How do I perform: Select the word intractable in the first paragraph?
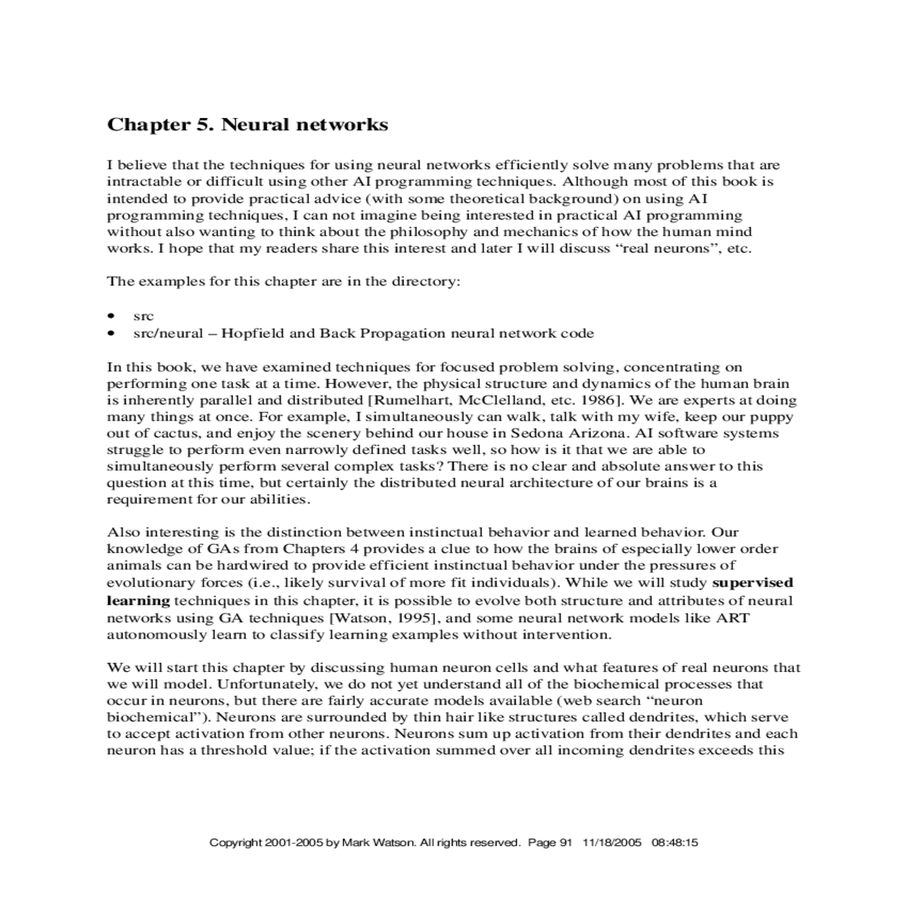tap(138, 182)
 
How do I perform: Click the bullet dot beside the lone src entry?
tap(112, 316)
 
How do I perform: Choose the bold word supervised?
tap(753, 583)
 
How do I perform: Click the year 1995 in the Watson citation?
tap(417, 617)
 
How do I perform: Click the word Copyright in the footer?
tap(235, 842)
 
